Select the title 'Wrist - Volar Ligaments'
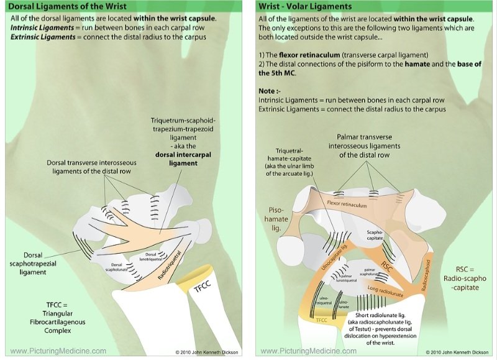(305, 7)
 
